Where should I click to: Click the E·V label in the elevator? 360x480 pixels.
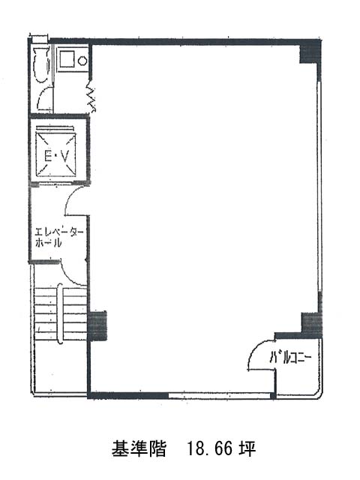(x=56, y=157)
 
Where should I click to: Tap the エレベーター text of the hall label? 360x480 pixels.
(x=59, y=232)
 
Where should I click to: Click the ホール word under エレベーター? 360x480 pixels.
(x=48, y=243)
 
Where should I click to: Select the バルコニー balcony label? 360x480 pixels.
(x=290, y=357)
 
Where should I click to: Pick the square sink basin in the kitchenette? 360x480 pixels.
(x=67, y=59)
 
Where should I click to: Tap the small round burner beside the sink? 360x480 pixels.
(x=82, y=61)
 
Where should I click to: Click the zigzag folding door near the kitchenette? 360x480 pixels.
(x=91, y=95)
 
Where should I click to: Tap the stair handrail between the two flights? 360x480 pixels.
(x=60, y=313)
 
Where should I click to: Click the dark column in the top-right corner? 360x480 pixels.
(x=310, y=52)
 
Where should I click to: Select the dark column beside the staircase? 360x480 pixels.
(x=97, y=326)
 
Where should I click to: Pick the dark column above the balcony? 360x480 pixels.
(x=312, y=325)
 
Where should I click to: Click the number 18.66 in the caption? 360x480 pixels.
(x=208, y=449)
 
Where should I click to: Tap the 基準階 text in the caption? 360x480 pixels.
(x=139, y=449)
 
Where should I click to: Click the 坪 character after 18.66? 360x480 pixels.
(x=247, y=449)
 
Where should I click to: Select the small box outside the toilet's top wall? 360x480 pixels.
(x=40, y=38)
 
